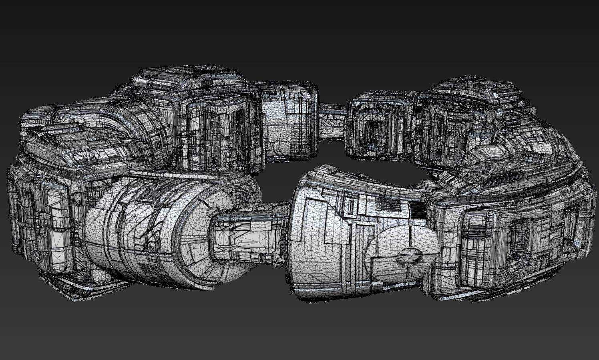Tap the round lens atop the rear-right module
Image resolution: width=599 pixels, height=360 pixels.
click(x=496, y=96)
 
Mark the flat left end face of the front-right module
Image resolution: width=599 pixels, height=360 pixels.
click(x=304, y=244)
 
